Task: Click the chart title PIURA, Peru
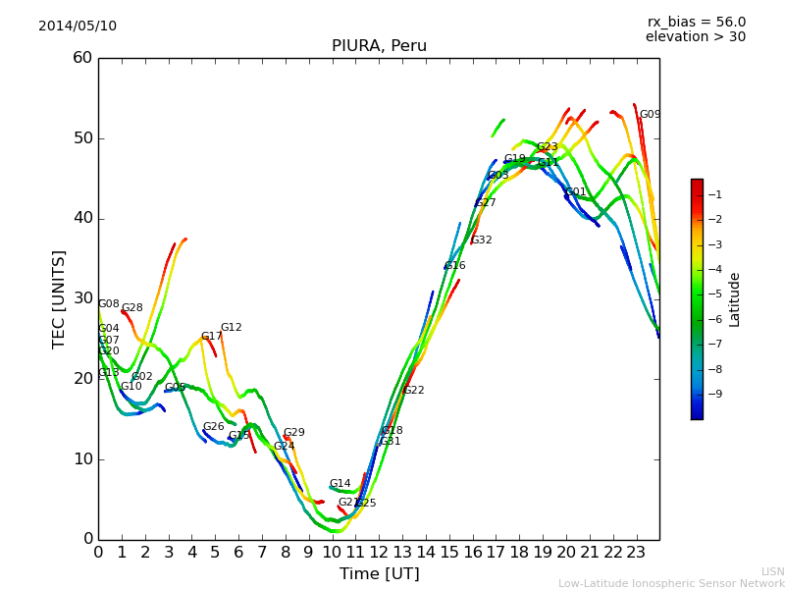click(379, 46)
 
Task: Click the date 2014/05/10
click(78, 27)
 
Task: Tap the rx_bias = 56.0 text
click(696, 22)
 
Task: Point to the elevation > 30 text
click(695, 37)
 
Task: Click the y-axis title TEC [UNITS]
click(59, 298)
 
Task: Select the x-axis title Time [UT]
click(379, 574)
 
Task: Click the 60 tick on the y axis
click(82, 58)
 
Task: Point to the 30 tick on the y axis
click(82, 298)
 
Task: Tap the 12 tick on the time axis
click(379, 553)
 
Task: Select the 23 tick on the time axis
click(636, 553)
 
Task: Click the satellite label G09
click(650, 115)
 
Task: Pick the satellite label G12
click(231, 328)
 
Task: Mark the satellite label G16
click(455, 266)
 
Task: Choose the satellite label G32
click(482, 241)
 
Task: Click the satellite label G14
click(340, 484)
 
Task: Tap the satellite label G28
click(131, 308)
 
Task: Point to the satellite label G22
click(414, 391)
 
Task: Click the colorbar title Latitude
click(735, 299)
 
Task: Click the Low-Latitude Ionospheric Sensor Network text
click(671, 583)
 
